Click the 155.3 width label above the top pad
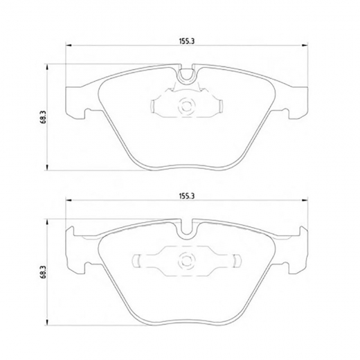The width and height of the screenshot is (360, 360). pyautogui.click(x=187, y=41)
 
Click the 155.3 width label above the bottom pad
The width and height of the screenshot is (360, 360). pyautogui.click(x=187, y=196)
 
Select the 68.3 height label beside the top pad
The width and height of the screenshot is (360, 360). pyautogui.click(x=44, y=117)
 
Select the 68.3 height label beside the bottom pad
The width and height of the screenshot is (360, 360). pyautogui.click(x=44, y=272)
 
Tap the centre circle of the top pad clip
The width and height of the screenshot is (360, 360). pyautogui.click(x=186, y=107)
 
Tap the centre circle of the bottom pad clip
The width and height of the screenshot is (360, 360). pyautogui.click(x=186, y=261)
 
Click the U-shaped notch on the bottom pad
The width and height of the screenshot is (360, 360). pyautogui.click(x=187, y=231)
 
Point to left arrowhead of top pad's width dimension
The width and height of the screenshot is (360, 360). pyautogui.click(x=69, y=45)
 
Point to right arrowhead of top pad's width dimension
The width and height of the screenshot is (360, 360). pyautogui.click(x=305, y=45)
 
